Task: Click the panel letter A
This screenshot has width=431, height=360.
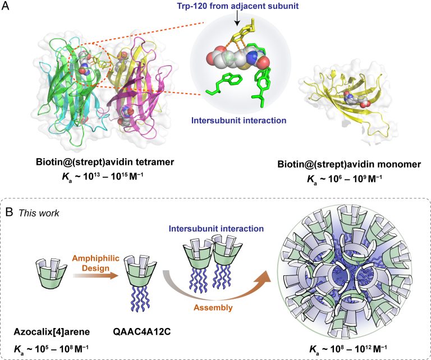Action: point(5,6)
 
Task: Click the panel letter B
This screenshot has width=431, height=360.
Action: point(10,212)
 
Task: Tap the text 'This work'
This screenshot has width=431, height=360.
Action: point(39,213)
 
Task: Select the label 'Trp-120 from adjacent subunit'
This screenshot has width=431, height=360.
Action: point(238,6)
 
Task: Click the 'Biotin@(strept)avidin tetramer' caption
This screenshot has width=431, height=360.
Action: point(105,162)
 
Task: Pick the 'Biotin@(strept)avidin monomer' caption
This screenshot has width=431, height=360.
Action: point(349,164)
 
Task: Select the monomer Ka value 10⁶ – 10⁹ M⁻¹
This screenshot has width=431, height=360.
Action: point(345,179)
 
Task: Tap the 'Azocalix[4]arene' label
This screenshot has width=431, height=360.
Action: point(52,332)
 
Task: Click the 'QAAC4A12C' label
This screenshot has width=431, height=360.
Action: point(142,332)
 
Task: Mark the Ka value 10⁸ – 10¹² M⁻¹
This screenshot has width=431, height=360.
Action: point(349,349)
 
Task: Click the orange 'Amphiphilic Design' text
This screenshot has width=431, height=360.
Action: point(96,263)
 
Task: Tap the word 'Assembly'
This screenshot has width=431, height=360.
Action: point(213,307)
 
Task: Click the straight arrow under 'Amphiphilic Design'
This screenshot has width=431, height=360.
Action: point(95,276)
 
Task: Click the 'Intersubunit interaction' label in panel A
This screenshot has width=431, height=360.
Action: point(239,120)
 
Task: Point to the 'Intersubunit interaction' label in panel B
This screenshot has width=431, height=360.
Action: point(216,228)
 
